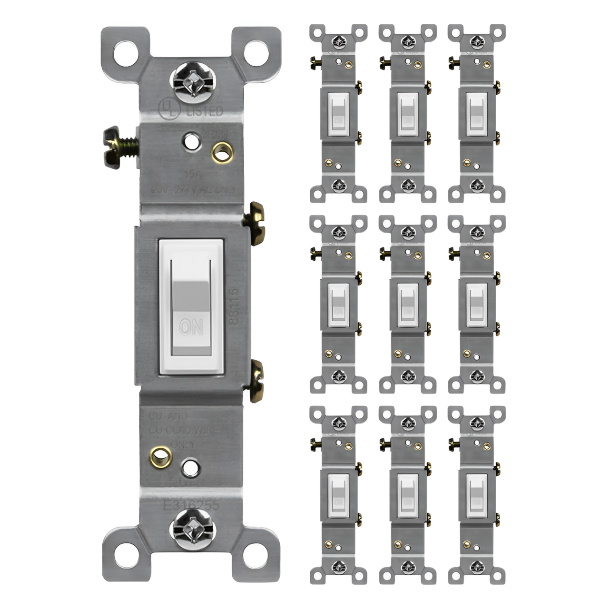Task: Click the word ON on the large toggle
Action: (x=191, y=326)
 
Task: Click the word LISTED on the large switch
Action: (x=205, y=111)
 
